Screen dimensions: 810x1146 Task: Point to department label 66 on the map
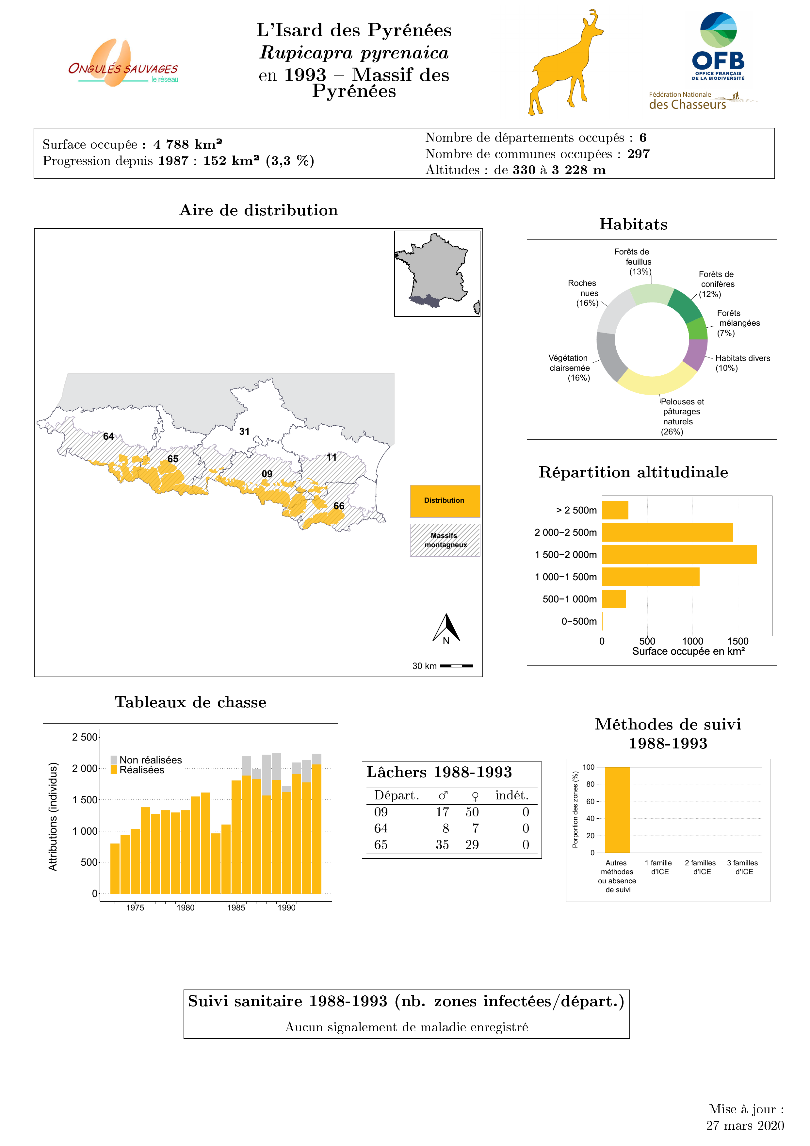339,506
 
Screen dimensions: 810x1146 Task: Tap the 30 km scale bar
456,666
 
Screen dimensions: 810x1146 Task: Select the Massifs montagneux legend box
445,540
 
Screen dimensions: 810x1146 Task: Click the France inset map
437,273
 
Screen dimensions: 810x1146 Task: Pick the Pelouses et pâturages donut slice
657,382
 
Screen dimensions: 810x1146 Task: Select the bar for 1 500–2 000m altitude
679,554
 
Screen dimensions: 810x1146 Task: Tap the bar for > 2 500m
615,510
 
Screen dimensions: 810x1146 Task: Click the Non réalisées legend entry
146,760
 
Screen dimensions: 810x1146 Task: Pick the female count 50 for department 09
472,812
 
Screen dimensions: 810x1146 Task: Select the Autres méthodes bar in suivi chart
617,810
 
